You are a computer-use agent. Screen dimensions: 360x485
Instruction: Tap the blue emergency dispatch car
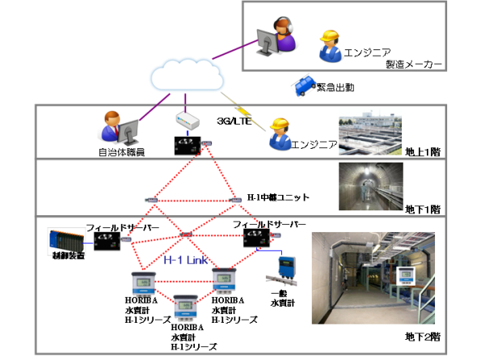click(x=304, y=85)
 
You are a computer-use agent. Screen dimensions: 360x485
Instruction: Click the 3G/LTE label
click(x=234, y=121)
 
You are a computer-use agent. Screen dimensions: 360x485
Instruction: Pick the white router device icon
click(x=188, y=121)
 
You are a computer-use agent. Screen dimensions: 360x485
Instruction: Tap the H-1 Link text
click(x=183, y=261)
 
